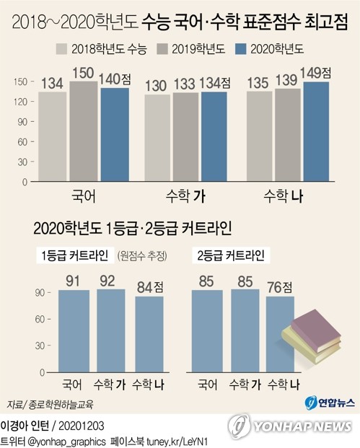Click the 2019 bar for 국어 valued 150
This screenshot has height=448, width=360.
tap(83, 131)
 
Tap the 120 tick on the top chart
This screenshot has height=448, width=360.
tap(25, 101)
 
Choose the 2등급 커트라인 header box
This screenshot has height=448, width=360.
tap(229, 256)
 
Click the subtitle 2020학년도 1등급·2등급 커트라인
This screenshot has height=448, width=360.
tap(132, 229)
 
